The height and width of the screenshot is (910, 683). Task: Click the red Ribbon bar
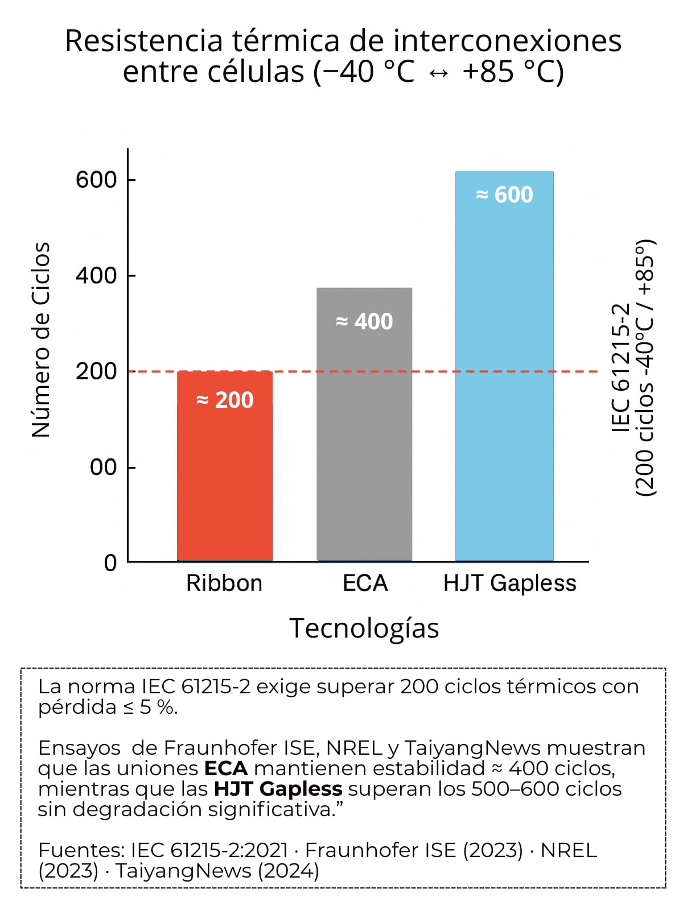coord(225,483)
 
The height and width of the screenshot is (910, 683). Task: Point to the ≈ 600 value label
coord(504,195)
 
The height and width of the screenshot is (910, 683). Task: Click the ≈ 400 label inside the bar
coord(364,321)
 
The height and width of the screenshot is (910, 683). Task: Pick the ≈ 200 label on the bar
coord(225,400)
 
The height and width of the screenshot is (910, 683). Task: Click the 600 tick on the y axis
coord(96,180)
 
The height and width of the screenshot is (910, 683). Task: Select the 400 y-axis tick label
coord(96,275)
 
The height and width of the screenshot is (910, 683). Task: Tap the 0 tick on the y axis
coord(110,562)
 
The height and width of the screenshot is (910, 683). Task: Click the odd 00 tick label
coord(103,467)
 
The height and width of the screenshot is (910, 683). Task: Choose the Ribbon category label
coord(224,583)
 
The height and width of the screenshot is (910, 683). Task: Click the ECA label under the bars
coord(365,583)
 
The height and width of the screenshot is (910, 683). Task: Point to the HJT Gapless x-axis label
coord(509,583)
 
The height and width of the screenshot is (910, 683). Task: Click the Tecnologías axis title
coord(364,628)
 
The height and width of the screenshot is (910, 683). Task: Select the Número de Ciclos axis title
coord(41,340)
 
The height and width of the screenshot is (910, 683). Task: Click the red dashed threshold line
coord(433,371)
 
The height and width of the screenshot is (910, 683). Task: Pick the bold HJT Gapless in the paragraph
coord(278,789)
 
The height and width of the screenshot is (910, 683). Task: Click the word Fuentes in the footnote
coord(80,850)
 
